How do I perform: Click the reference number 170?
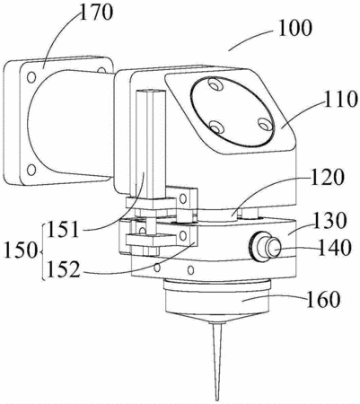[x=96, y=13]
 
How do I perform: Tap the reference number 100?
[x=295, y=29]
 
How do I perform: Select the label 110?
[x=341, y=100]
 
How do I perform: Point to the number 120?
[x=327, y=178]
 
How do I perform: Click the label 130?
[x=329, y=221]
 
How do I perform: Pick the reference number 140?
[x=334, y=248]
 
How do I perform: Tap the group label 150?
[x=20, y=250]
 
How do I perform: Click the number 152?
[x=63, y=269]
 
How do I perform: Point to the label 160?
[x=322, y=299]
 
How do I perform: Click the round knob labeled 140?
[x=265, y=247]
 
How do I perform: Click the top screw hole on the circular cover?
[x=215, y=85]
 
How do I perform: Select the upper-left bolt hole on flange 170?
[x=31, y=77]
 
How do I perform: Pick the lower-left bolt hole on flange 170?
[x=31, y=170]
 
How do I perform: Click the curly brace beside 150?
[x=43, y=251]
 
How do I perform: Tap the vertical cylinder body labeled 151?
[x=151, y=145]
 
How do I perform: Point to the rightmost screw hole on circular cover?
[x=265, y=125]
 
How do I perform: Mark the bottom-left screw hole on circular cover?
[x=215, y=127]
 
